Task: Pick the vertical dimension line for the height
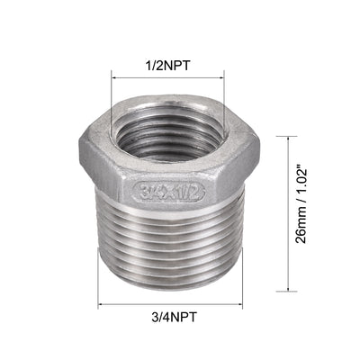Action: click(x=287, y=198)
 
